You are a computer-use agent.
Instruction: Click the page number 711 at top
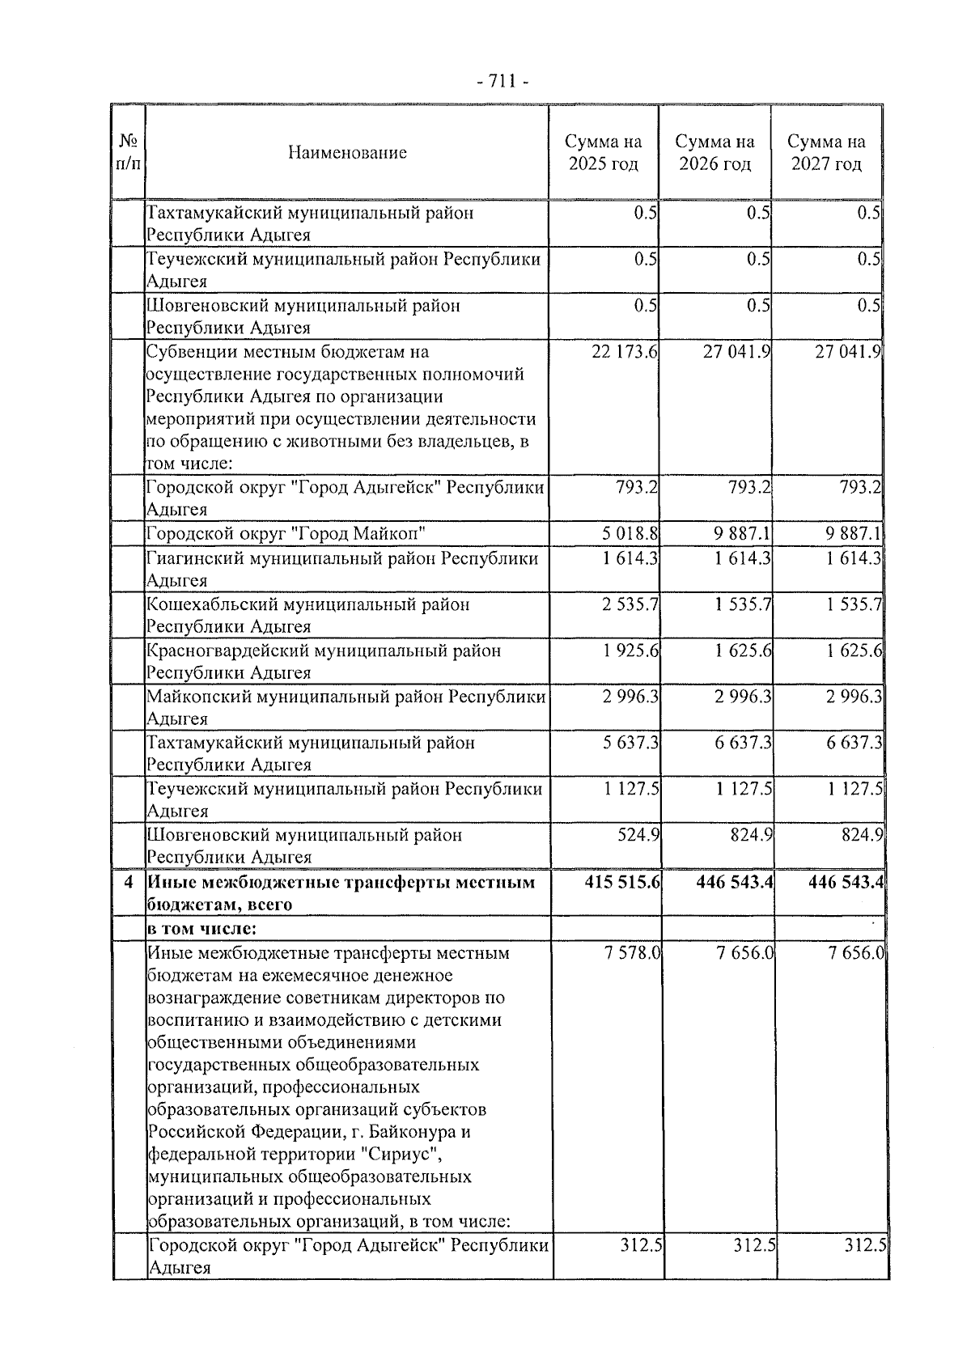(x=502, y=81)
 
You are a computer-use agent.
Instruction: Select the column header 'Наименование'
(x=347, y=152)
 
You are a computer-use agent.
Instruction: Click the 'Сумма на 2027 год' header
(x=826, y=152)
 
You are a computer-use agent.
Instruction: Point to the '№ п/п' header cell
(x=127, y=152)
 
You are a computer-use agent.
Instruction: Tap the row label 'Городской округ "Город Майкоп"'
(x=286, y=533)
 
